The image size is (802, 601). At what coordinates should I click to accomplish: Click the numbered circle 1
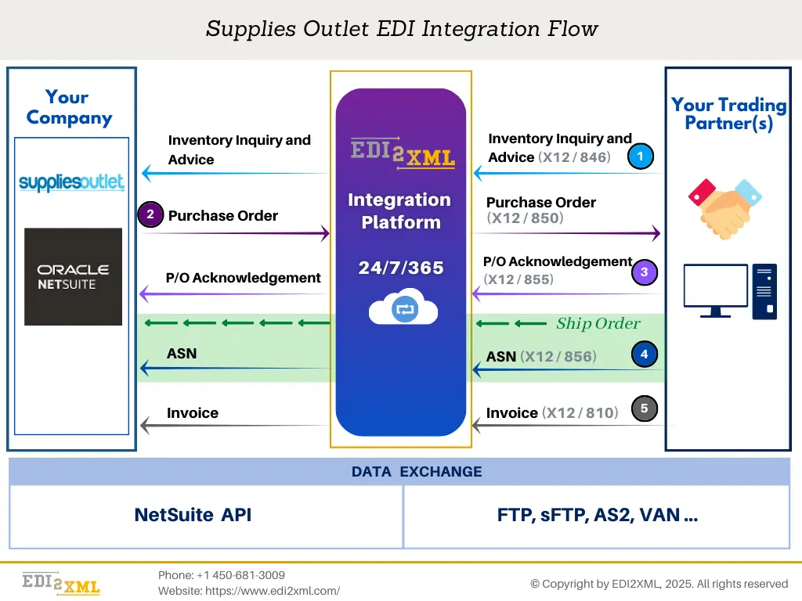(x=640, y=157)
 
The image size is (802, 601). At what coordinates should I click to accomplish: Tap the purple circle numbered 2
(x=150, y=214)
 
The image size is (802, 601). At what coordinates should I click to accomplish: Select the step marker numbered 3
(x=644, y=272)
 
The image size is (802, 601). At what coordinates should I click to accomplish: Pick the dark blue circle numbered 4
(x=644, y=354)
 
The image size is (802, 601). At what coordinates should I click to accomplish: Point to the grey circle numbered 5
(x=644, y=408)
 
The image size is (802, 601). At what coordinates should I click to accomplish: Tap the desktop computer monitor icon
(x=715, y=290)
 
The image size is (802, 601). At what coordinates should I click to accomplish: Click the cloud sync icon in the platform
(x=403, y=308)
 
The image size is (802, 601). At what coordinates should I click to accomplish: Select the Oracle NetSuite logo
(x=73, y=277)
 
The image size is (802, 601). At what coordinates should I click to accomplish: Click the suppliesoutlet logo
(x=71, y=183)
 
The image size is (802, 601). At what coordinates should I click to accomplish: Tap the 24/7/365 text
(x=401, y=268)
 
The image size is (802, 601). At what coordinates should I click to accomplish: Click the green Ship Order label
(x=598, y=324)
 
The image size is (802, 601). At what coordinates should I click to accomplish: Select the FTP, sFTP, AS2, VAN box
(x=597, y=516)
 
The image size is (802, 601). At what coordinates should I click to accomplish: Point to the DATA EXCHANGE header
(x=416, y=472)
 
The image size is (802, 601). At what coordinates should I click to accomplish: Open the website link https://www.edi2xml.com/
(x=273, y=591)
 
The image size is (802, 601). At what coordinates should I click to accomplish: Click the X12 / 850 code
(x=525, y=218)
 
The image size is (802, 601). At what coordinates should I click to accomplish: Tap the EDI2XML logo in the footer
(x=61, y=584)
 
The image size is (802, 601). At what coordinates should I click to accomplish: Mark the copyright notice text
(x=659, y=584)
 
